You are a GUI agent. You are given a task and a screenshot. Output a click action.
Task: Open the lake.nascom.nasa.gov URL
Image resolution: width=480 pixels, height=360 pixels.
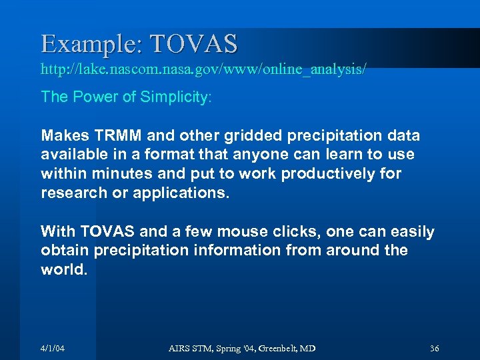click(x=203, y=69)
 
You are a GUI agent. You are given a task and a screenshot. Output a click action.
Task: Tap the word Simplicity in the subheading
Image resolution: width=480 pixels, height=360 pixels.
click(x=175, y=97)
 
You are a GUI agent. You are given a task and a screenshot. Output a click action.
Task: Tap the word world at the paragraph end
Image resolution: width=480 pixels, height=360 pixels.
click(x=63, y=269)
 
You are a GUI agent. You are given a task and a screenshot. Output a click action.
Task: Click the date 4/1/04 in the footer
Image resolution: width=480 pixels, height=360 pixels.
click(x=53, y=349)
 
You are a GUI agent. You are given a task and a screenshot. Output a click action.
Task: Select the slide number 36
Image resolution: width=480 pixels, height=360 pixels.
click(x=434, y=349)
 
